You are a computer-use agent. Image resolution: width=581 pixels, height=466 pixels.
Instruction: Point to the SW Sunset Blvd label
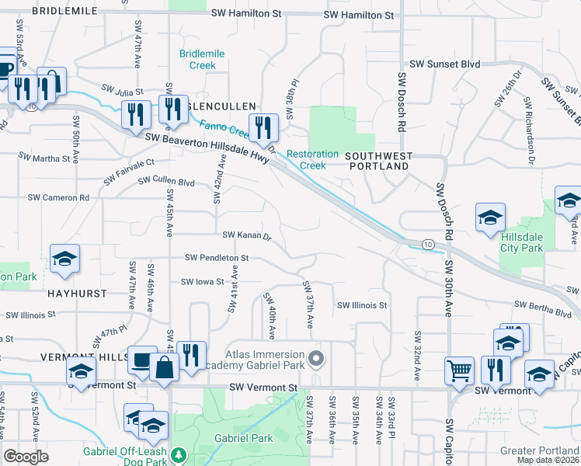click(x=444, y=64)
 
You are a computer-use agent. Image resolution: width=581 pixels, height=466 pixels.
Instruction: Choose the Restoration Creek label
click(x=312, y=160)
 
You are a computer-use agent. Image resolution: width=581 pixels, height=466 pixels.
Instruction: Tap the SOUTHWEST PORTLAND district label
click(x=379, y=161)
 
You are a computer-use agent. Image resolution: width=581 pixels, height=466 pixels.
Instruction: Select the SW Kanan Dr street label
click(x=246, y=235)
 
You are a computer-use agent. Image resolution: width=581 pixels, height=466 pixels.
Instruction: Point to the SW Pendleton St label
click(x=217, y=257)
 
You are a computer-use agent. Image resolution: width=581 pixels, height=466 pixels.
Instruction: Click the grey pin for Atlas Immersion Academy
click(x=315, y=359)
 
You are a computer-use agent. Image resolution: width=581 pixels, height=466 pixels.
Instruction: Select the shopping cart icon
click(x=460, y=370)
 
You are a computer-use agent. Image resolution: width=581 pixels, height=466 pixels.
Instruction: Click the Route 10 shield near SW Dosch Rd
click(x=429, y=244)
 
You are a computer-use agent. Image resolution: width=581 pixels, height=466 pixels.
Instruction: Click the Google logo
click(x=26, y=457)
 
